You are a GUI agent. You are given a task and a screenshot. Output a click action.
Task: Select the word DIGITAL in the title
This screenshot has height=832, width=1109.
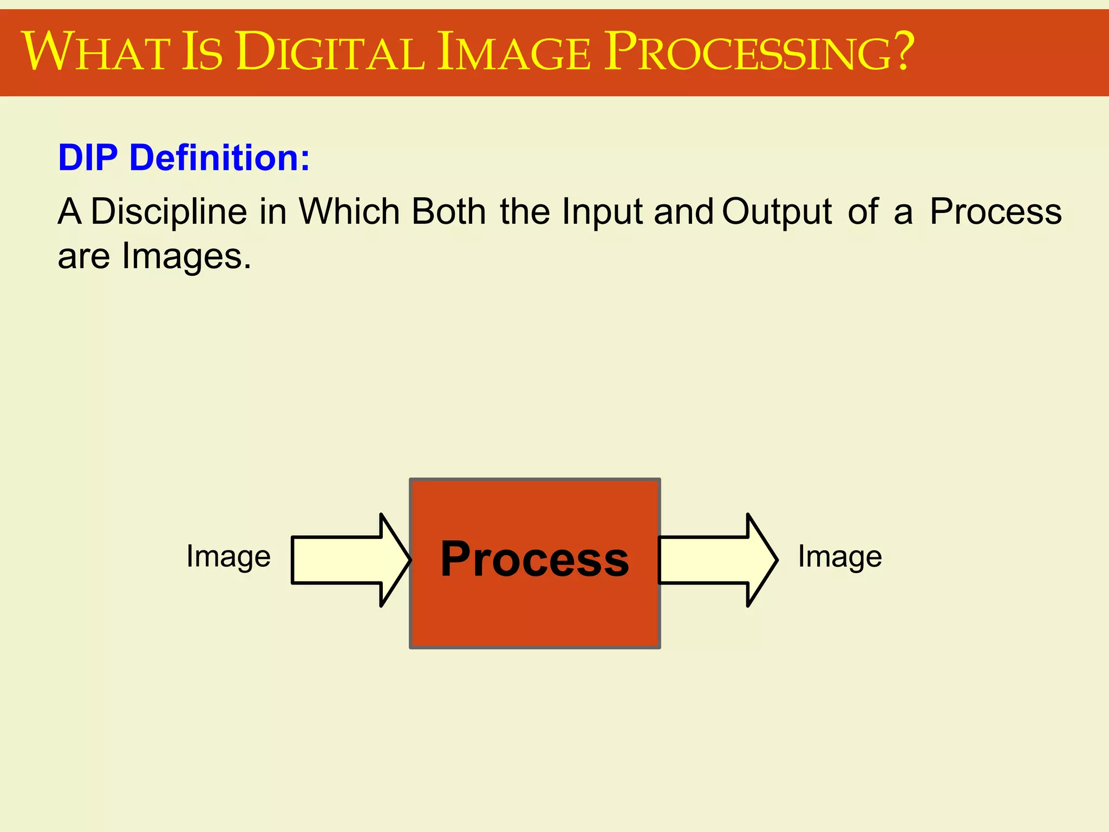(x=330, y=52)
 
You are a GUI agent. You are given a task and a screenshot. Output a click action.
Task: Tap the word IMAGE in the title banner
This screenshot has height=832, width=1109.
(x=513, y=52)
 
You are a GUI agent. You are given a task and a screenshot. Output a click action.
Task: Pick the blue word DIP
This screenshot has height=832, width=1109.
(x=88, y=158)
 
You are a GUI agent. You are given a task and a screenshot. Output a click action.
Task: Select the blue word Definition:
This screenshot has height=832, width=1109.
(x=220, y=158)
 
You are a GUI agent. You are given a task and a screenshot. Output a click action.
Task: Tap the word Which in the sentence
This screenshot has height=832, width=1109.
(x=349, y=211)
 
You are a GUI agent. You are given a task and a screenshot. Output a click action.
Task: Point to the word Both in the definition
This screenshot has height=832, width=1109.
(x=449, y=211)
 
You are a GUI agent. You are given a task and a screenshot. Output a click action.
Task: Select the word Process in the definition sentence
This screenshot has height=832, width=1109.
(x=995, y=211)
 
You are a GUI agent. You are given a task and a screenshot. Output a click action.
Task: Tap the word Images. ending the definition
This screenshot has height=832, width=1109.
(x=187, y=257)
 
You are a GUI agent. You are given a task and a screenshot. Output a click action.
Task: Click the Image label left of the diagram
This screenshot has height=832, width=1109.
(x=228, y=557)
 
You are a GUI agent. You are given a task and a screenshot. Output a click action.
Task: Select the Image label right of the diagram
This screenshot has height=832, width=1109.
(x=840, y=557)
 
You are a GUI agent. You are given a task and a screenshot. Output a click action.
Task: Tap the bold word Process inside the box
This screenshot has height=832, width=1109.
(x=534, y=560)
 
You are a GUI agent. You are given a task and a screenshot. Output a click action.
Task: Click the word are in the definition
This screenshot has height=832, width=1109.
(x=84, y=257)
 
